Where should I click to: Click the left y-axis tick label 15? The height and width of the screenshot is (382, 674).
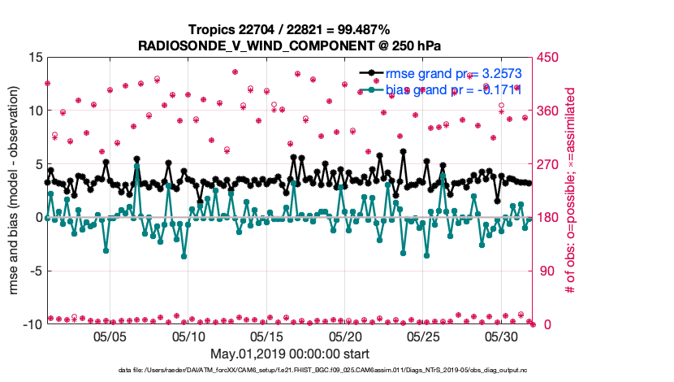pyautogui.click(x=35, y=58)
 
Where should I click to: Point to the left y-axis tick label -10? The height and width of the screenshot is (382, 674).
pyautogui.click(x=32, y=324)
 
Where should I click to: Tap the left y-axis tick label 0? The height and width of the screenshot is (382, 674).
pyautogui.click(x=38, y=217)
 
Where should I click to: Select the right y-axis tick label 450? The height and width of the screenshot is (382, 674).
pyautogui.click(x=546, y=58)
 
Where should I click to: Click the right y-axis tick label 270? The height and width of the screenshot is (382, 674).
pyautogui.click(x=546, y=164)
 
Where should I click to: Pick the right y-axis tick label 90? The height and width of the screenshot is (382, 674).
pyautogui.click(x=542, y=271)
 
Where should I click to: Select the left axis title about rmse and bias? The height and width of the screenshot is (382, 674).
pyautogui.click(x=15, y=191)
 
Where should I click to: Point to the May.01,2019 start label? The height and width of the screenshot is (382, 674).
pyautogui.click(x=290, y=354)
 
